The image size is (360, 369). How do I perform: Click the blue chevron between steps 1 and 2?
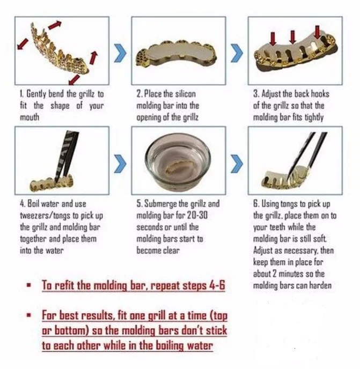120,53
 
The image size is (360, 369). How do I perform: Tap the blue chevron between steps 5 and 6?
237,164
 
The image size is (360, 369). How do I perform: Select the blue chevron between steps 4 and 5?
120,164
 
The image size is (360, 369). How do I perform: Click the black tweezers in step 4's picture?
67,156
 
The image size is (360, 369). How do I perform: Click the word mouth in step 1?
30,117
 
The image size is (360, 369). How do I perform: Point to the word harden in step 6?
320,285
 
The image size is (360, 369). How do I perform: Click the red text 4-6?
217,285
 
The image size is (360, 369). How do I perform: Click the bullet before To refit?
29,285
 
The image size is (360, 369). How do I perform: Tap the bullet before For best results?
29,315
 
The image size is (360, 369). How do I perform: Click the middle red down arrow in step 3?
292,37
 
